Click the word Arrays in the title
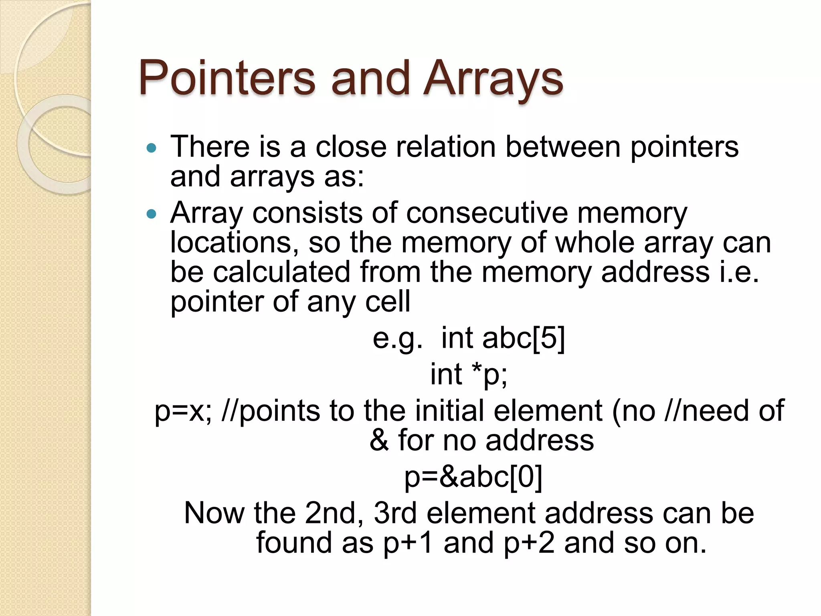493,78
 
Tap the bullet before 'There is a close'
151,148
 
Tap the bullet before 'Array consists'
151,214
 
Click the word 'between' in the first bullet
563,147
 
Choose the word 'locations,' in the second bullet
234,243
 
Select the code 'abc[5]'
524,338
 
